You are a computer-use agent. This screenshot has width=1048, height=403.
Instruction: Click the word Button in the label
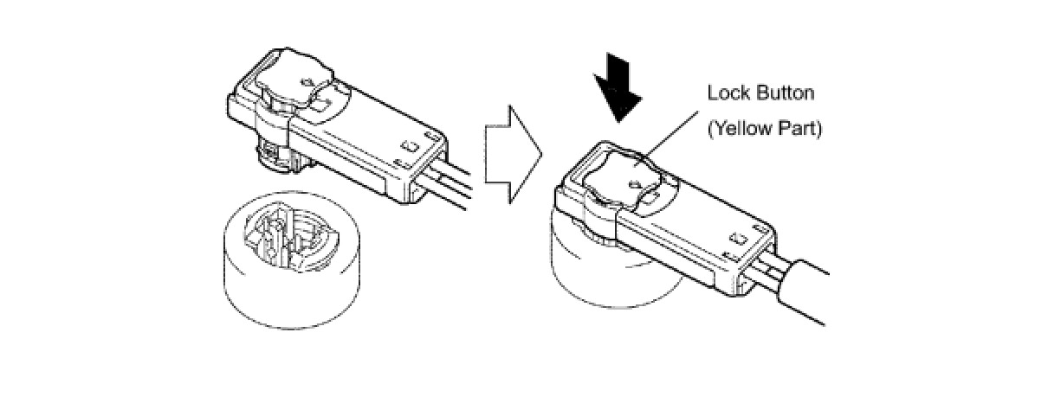click(x=783, y=93)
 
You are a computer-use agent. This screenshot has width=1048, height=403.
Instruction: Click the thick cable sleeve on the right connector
click(x=810, y=294)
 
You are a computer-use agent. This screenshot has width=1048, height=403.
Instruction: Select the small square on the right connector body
click(x=737, y=236)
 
